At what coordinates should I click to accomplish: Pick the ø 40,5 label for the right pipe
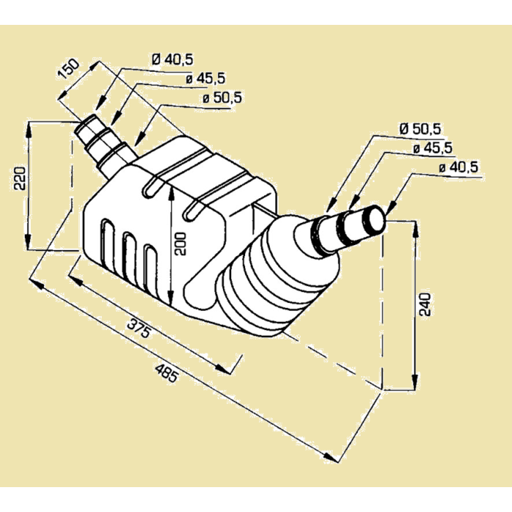tap(459, 167)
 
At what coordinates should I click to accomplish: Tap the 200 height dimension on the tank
tap(181, 243)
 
